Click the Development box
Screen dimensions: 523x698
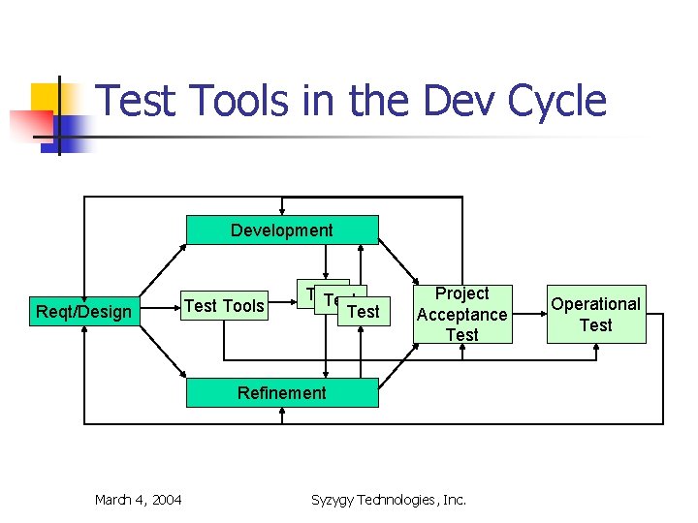point(282,231)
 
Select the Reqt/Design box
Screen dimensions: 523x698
point(83,311)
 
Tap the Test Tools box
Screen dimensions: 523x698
point(224,306)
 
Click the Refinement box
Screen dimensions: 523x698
point(282,392)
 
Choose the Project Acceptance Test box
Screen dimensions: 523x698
point(461,314)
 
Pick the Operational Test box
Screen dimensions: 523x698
point(595,315)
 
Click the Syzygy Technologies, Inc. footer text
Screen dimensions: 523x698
point(388,500)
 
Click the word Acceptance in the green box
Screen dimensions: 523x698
point(461,314)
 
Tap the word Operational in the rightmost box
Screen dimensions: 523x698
point(595,304)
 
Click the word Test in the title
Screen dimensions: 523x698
point(136,102)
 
